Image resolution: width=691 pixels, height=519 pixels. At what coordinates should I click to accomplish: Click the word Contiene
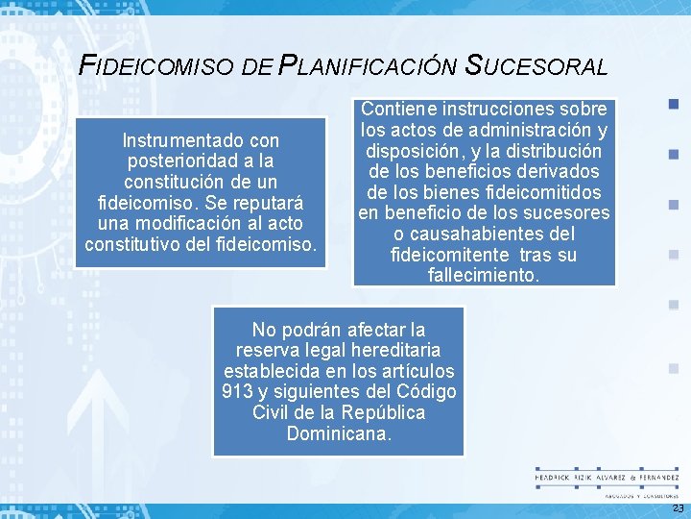(x=401, y=109)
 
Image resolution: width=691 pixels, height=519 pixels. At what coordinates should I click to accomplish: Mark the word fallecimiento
(x=484, y=275)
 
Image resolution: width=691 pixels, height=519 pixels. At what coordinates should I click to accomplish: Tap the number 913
(x=237, y=391)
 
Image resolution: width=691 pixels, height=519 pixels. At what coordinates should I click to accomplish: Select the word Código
(x=420, y=391)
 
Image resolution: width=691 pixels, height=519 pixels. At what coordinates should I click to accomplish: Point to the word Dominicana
(x=339, y=432)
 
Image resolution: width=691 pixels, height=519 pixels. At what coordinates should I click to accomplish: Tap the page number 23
(x=678, y=507)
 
